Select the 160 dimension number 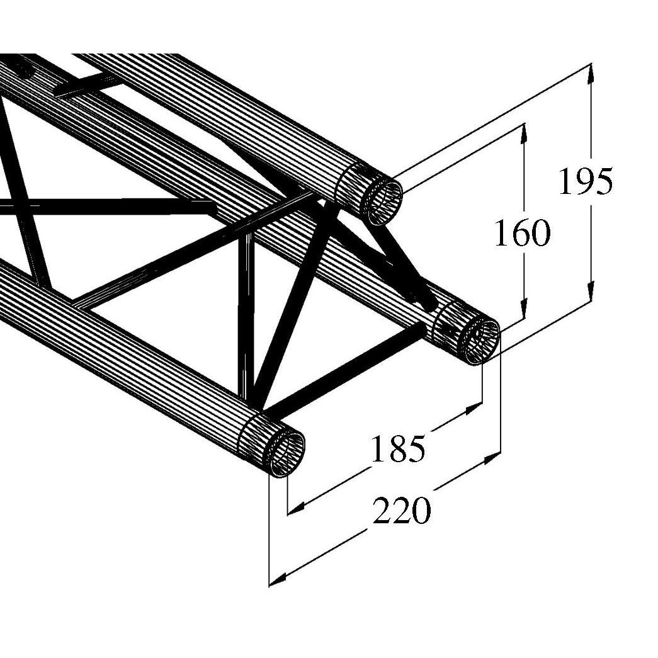click(521, 234)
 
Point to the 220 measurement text click(402, 510)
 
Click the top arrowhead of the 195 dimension click(591, 74)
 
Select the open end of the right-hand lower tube click(482, 341)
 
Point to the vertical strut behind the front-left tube click(246, 315)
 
